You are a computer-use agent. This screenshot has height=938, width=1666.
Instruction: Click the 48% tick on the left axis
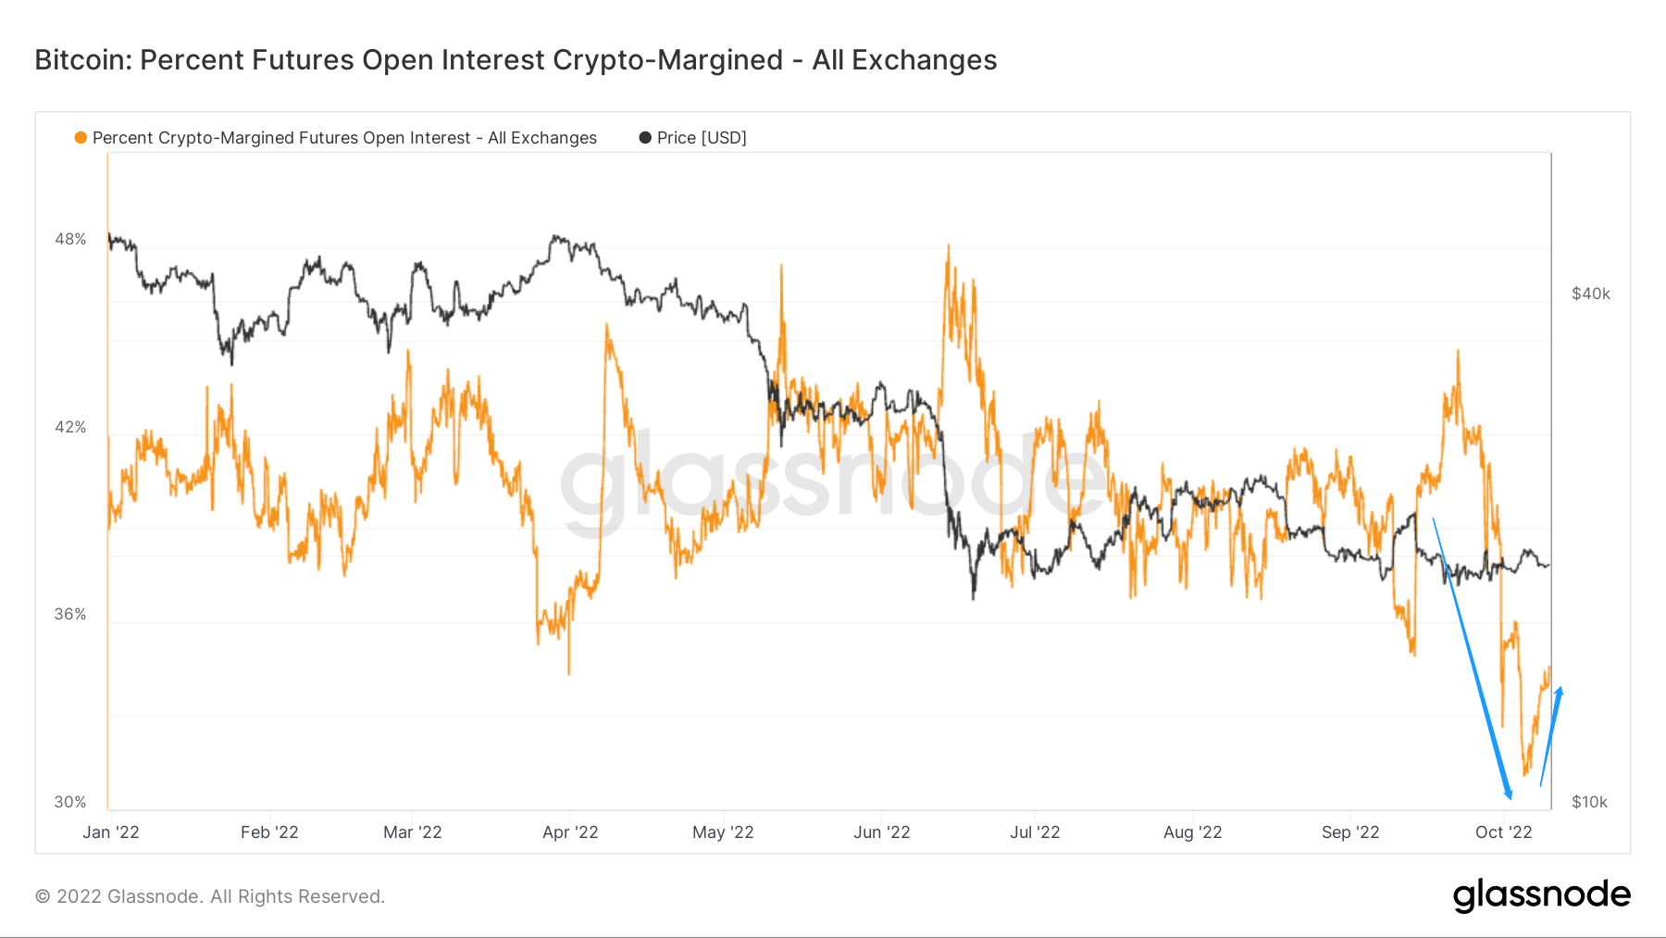point(70,239)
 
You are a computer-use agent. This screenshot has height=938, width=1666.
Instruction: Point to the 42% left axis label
point(70,427)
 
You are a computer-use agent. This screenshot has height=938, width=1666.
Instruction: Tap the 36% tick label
point(70,614)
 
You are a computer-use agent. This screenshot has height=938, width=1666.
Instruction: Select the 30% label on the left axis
point(70,802)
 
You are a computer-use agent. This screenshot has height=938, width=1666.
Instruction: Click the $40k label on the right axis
point(1591,294)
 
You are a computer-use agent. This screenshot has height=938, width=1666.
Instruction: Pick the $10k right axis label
point(1589,802)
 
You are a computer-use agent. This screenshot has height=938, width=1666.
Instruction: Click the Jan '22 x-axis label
point(111,832)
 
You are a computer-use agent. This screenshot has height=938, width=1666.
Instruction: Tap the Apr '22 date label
point(570,832)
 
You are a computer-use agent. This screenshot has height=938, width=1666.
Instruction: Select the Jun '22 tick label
point(881,832)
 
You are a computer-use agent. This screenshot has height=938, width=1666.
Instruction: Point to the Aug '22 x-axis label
point(1192,832)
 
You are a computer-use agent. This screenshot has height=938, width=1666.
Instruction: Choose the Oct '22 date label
point(1503,832)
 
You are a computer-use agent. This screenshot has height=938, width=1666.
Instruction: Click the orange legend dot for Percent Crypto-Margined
point(81,138)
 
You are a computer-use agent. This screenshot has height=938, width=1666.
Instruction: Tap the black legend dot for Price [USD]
point(645,138)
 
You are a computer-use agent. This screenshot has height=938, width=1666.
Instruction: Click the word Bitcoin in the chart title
point(83,60)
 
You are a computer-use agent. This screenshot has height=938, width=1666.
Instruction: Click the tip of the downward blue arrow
point(1510,797)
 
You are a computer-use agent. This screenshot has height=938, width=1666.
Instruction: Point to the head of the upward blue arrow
point(1560,689)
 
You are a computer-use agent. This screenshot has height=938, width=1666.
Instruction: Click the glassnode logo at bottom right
point(1541,895)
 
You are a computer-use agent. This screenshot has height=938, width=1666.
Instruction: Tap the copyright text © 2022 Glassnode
point(210,896)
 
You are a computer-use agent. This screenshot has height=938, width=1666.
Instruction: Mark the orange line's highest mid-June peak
point(948,246)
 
